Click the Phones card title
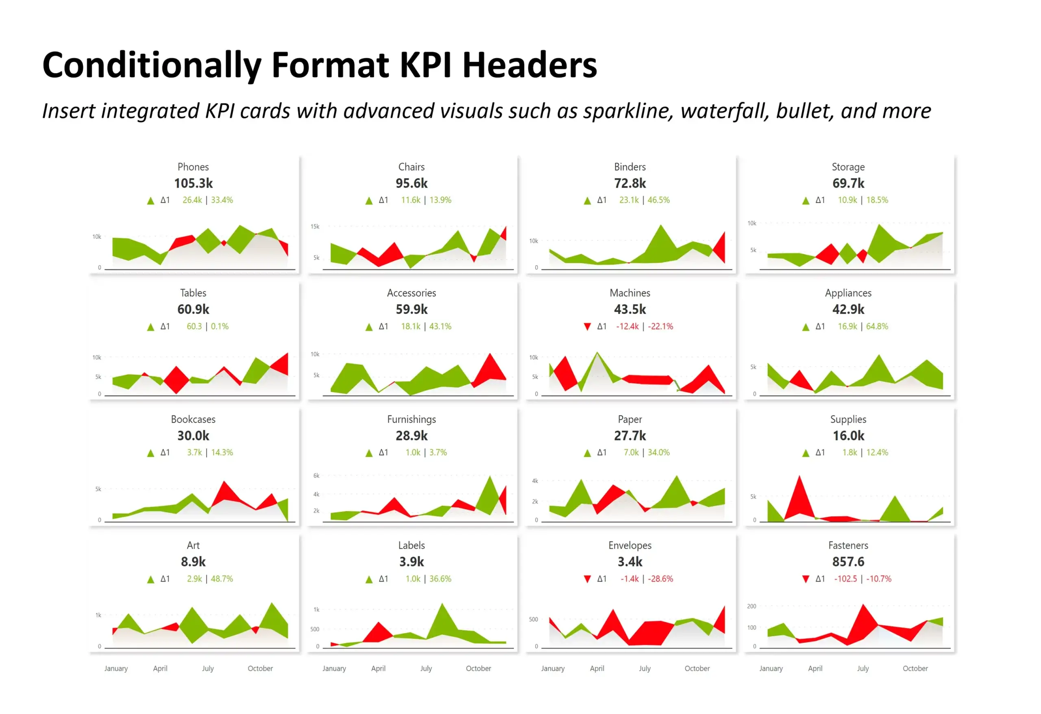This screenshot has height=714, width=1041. pyautogui.click(x=193, y=167)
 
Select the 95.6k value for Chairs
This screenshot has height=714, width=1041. pyautogui.click(x=411, y=183)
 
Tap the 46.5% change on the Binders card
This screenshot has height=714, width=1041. pyautogui.click(x=658, y=200)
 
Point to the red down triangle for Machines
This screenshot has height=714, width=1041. pyautogui.click(x=587, y=326)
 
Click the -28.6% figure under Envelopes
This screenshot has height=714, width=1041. pyautogui.click(x=660, y=579)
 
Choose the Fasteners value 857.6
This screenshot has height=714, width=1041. pyautogui.click(x=848, y=561)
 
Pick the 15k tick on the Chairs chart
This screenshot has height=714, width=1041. pyautogui.click(x=315, y=227)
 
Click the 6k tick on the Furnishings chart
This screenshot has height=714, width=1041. pyautogui.click(x=316, y=476)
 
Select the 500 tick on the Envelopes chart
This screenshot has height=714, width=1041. pyautogui.click(x=533, y=620)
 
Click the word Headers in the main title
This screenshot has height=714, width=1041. pyautogui.click(x=529, y=65)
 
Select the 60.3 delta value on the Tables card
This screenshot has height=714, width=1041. pyautogui.click(x=194, y=326)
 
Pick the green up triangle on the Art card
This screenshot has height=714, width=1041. pyautogui.click(x=150, y=579)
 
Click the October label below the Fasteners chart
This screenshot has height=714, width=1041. pyautogui.click(x=915, y=668)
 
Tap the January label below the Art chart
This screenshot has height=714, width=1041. pyautogui.click(x=116, y=668)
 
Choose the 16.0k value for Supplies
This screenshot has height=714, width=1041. pyautogui.click(x=848, y=436)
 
